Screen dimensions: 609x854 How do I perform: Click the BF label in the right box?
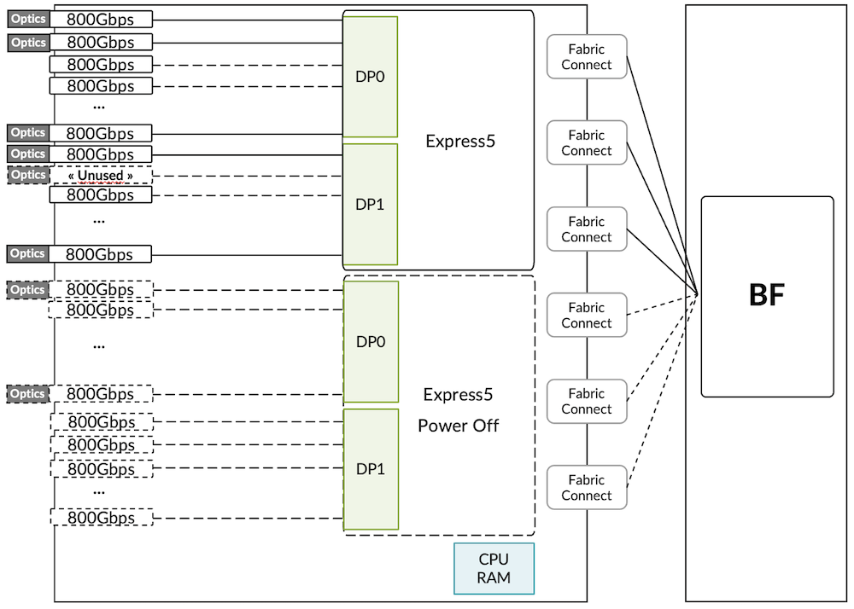point(766,295)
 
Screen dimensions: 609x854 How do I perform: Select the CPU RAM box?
point(494,568)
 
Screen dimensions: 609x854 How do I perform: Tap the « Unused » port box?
point(101,176)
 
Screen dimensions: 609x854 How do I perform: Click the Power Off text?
point(458,426)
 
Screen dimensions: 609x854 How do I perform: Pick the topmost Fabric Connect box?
point(586,56)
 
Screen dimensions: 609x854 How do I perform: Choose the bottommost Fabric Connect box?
point(586,488)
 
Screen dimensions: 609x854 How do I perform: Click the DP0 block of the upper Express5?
point(370,77)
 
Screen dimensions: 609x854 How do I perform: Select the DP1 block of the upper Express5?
point(370,205)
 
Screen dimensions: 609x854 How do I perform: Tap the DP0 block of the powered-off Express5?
point(371,342)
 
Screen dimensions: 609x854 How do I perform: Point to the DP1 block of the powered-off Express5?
point(371,469)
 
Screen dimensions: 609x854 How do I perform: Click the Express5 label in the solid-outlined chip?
point(460,142)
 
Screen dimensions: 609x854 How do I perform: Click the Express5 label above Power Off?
point(458,394)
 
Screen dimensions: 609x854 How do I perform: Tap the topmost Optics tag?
point(28,19)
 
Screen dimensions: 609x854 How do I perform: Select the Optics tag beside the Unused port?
point(28,175)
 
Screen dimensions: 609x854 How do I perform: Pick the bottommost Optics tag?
point(28,394)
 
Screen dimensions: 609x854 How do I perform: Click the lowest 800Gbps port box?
point(101,517)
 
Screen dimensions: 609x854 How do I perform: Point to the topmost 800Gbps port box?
point(101,19)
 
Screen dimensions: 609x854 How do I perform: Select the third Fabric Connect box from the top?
point(586,229)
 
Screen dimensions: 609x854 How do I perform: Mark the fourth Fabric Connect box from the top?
point(586,316)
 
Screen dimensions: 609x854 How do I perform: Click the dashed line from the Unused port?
point(248,176)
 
